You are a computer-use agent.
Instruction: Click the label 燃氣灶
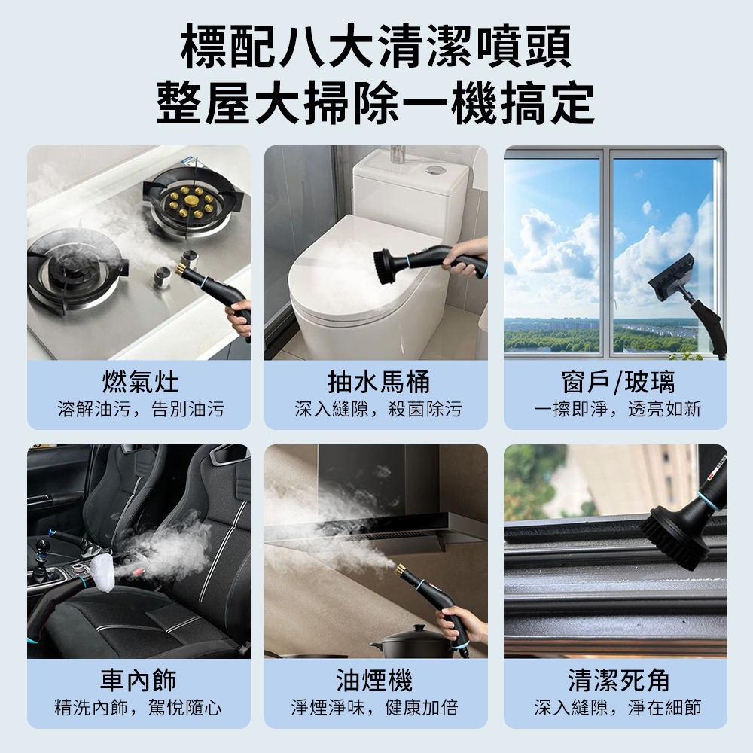point(140,383)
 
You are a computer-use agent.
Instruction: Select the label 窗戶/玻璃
point(617,383)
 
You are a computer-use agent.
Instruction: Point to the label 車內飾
point(139,680)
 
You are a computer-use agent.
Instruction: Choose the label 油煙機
point(374,680)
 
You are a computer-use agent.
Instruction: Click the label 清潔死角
point(617,680)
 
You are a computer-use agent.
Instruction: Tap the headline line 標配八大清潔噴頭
point(376,47)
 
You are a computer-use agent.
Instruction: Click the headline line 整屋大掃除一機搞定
point(376,102)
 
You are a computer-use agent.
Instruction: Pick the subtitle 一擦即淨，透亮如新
point(617,409)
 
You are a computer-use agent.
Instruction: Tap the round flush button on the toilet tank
point(435,169)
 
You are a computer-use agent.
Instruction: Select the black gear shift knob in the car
point(43,547)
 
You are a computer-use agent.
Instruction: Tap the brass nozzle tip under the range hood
point(400,570)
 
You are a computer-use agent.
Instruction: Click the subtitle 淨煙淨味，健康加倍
point(374,707)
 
